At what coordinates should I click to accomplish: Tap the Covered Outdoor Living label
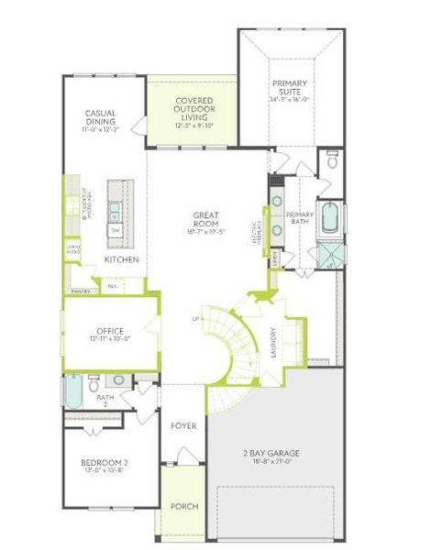(194, 109)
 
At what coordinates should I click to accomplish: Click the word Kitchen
(121, 259)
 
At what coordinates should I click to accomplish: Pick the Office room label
(110, 331)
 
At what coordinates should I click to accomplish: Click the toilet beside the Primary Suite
(332, 164)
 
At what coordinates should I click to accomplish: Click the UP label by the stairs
(195, 319)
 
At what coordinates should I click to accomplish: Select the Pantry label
(80, 291)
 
